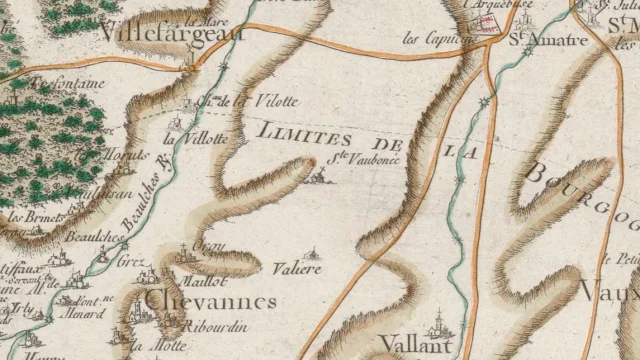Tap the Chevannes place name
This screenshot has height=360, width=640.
[x=210, y=300]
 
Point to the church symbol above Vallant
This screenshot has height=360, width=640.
[x=437, y=325]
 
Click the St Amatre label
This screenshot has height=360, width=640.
[x=534, y=40]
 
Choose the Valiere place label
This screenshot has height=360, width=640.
[x=297, y=269]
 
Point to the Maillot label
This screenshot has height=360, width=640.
[x=201, y=266]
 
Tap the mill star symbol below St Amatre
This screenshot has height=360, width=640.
[x=487, y=103]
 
